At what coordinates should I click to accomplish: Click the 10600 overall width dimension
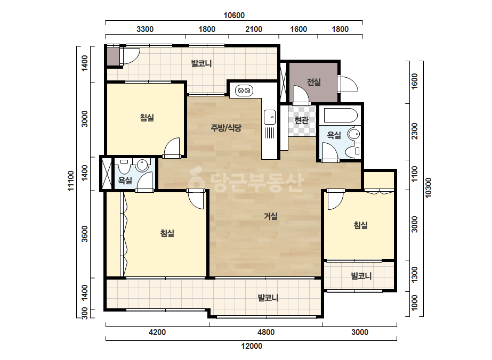coord(234,15)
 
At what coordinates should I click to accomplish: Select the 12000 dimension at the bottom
coord(252,346)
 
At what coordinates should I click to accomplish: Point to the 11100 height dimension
coord(71,181)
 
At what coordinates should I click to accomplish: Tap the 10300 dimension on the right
coord(429,187)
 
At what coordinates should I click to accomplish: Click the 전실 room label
coord(313,82)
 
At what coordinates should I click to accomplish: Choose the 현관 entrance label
coord(301,120)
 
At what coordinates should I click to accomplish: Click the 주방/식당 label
coord(226,128)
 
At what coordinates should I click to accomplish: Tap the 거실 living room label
coord(270,216)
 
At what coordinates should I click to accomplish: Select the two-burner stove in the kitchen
coord(244,91)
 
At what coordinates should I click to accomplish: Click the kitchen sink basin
coord(270,117)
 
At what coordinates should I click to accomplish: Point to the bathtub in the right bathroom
coord(341,116)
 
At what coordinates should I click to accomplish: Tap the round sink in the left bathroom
coord(142,165)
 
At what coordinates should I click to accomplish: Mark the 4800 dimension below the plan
coord(266,332)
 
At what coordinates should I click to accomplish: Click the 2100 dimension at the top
coord(254,29)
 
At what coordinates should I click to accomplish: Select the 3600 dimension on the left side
coord(85,234)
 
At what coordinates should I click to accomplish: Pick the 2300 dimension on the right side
coord(415,132)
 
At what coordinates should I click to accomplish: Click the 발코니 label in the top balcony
coord(201,64)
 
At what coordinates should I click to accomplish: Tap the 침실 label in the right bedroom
coord(360,225)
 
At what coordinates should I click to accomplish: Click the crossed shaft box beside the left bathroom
coord(106,174)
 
